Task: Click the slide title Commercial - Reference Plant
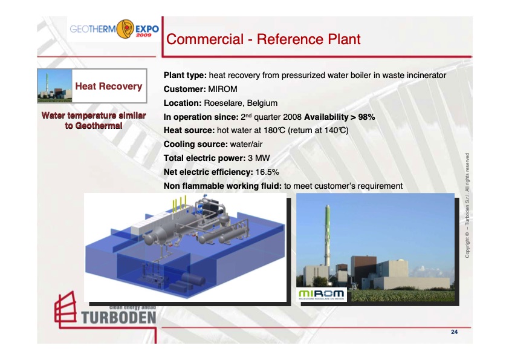263,40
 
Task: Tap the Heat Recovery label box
108,86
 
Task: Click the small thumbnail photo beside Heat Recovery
52,86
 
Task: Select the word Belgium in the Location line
260,103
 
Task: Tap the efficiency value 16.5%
267,172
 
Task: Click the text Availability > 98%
340,117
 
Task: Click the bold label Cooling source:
195,144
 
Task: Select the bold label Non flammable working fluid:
223,186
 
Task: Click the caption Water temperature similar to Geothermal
93,120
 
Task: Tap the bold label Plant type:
184,75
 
